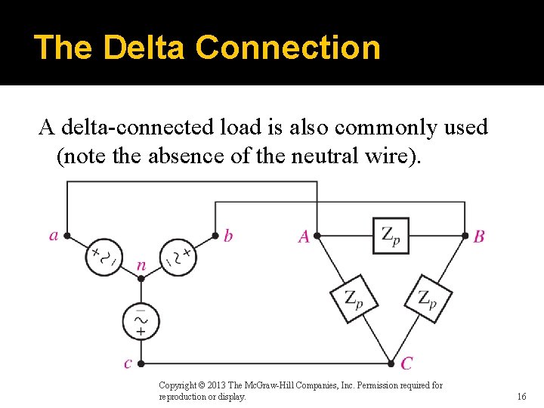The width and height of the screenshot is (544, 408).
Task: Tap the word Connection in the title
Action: pyautogui.click(x=288, y=47)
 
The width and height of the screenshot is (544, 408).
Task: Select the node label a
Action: pyautogui.click(x=54, y=236)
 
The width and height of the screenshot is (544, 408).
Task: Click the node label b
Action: pyautogui.click(x=228, y=236)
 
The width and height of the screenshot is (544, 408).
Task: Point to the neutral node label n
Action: pyautogui.click(x=141, y=265)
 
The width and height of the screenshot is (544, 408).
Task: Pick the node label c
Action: pyautogui.click(x=128, y=363)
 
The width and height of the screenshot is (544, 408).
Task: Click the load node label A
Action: pyautogui.click(x=304, y=237)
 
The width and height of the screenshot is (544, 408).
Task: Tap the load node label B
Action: pyautogui.click(x=479, y=237)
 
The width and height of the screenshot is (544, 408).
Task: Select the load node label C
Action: pyautogui.click(x=406, y=364)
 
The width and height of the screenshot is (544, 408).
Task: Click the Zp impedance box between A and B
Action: pyautogui.click(x=391, y=236)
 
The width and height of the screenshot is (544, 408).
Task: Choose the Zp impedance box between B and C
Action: pyautogui.click(x=427, y=298)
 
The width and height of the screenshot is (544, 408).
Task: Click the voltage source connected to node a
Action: pyautogui.click(x=104, y=256)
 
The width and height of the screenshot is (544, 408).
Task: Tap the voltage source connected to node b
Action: pyautogui.click(x=178, y=257)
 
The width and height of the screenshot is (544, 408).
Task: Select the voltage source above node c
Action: pyautogui.click(x=141, y=321)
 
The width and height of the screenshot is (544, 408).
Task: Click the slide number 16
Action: pyautogui.click(x=521, y=396)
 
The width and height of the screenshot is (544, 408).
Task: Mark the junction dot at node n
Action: pyautogui.click(x=141, y=278)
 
